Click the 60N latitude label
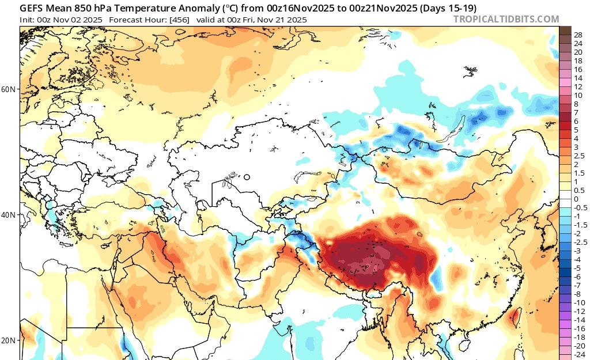click(8, 89)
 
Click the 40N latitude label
click(8, 215)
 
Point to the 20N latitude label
click(8, 340)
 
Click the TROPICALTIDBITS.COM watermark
click(506, 19)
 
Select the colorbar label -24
click(580, 354)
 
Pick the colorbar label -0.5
click(581, 207)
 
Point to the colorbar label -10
click(580, 302)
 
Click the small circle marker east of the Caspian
click(247, 177)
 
